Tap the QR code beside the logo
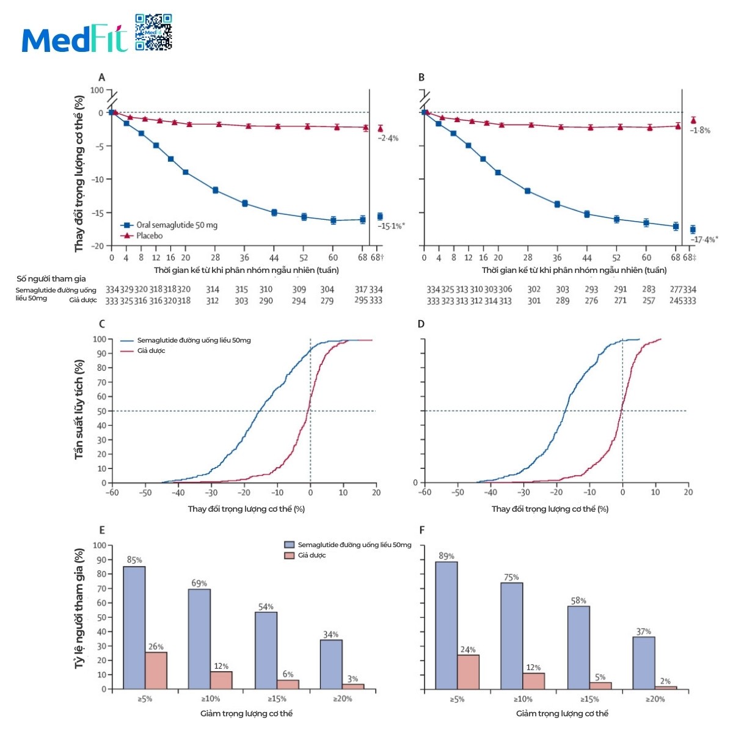tap(153, 32)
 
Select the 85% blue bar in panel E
tap(134, 628)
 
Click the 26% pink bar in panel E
tap(156, 670)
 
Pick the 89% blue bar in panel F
tap(447, 625)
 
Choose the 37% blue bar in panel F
tap(644, 663)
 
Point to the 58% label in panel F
tap(578, 601)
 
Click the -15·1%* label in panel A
tap(391, 226)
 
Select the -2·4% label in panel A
tap(388, 138)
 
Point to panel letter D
tap(421, 324)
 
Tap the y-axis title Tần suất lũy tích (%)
tap(79, 409)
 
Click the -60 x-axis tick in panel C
tap(112, 492)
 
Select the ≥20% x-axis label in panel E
tap(342, 699)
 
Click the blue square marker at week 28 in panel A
tap(215, 191)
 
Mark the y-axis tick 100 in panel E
tap(99, 545)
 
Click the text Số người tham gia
tap(51, 279)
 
